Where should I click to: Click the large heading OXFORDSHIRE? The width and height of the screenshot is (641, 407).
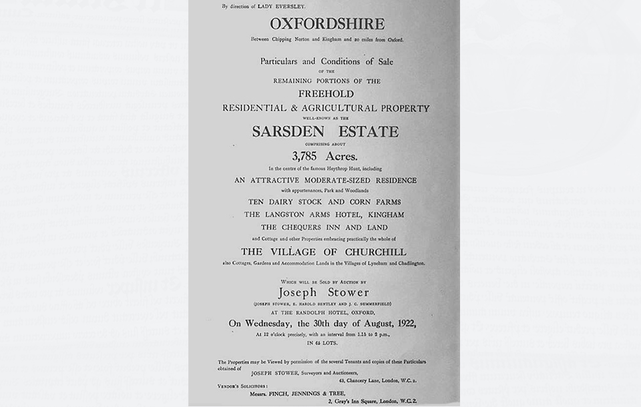[327, 24]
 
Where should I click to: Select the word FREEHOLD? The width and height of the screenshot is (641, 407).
[327, 94]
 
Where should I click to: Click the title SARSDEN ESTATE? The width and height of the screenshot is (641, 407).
[325, 131]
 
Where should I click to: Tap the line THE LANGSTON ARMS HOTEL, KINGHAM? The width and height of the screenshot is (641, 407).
[325, 215]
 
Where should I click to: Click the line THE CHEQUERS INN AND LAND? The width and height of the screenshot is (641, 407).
[325, 228]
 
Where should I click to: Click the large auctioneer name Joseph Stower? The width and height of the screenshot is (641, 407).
[325, 292]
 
